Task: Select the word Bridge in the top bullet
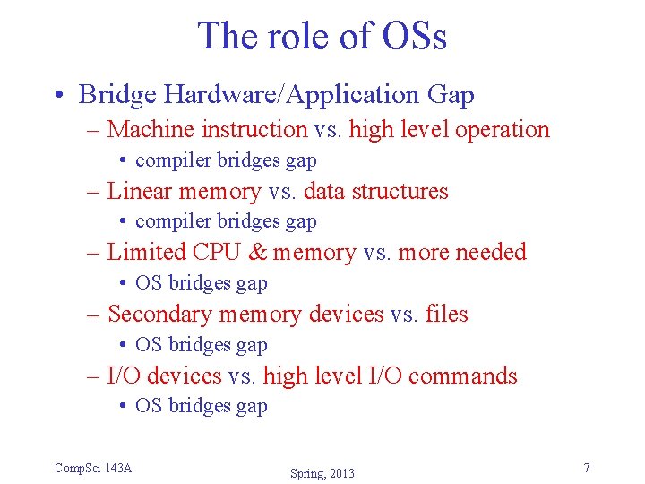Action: point(116,94)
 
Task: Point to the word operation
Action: point(502,129)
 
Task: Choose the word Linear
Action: point(141,191)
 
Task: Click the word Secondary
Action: point(159,315)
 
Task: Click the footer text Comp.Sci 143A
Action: point(93,468)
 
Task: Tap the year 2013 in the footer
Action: point(341,473)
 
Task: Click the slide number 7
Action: point(586,468)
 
